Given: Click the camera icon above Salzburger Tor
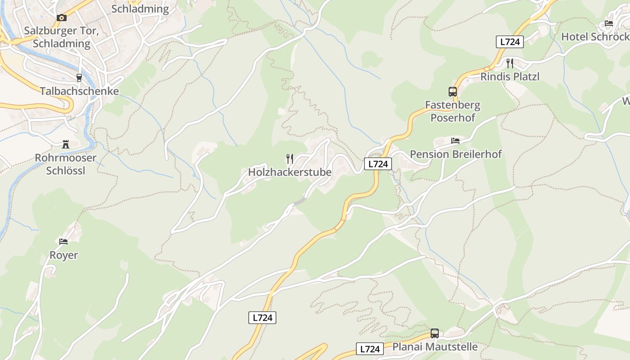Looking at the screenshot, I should click(x=62, y=18).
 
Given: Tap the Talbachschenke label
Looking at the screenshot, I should click(x=79, y=91).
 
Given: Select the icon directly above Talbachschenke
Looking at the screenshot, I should click(x=79, y=77).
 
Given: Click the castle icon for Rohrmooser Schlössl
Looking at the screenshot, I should click(x=66, y=145).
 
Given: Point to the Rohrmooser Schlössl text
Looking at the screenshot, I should click(x=66, y=164).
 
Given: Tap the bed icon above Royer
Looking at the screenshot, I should click(x=63, y=242).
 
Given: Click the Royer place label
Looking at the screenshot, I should click(x=63, y=255).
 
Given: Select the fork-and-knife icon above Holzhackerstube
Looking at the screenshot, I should click(x=290, y=158).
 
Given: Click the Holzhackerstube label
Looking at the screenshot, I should click(x=290, y=172).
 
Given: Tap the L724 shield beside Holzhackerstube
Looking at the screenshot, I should click(x=378, y=164).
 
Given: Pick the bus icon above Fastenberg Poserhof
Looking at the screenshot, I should click(x=453, y=92).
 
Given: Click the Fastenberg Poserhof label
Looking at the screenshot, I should click(x=453, y=112).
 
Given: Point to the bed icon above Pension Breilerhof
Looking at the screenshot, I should click(x=455, y=141).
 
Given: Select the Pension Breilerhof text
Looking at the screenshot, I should click(x=455, y=154).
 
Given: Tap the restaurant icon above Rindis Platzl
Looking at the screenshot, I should click(x=510, y=63).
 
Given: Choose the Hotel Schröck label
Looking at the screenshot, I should click(x=595, y=37).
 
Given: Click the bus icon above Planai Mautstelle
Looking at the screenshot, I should click(x=435, y=333).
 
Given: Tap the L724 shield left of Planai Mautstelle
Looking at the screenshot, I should click(x=370, y=349).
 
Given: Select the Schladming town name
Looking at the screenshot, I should click(x=140, y=9).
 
